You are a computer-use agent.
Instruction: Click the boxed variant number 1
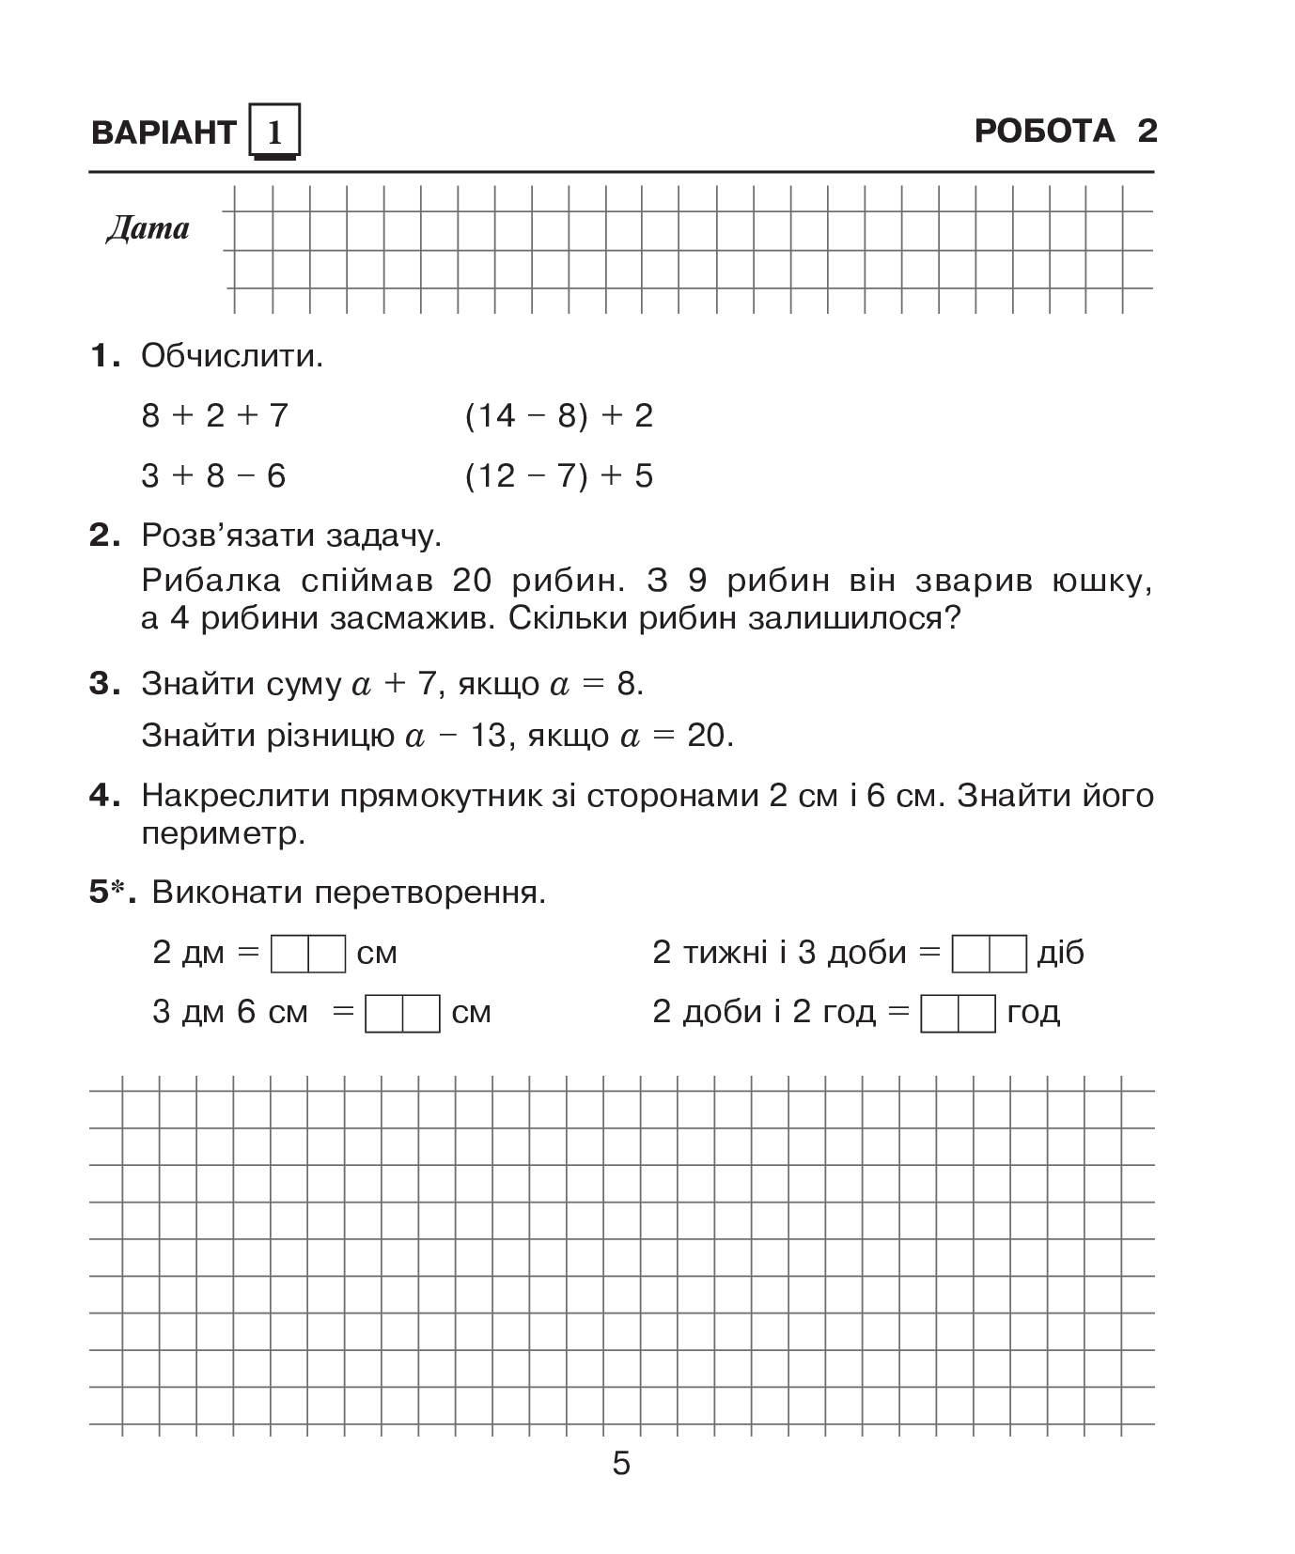(x=274, y=132)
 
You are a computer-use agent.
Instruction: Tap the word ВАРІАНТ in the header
(x=163, y=132)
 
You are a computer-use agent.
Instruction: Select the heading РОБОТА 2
(x=1066, y=131)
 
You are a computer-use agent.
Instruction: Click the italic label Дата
(x=148, y=228)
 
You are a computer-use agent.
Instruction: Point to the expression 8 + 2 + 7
(x=214, y=415)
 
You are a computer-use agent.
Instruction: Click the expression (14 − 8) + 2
(x=558, y=415)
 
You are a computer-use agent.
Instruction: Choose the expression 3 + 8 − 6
(x=213, y=476)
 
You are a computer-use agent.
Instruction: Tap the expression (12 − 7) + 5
(x=558, y=476)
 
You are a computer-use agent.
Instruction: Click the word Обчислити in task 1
(x=230, y=356)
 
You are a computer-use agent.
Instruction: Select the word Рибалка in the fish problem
(x=211, y=581)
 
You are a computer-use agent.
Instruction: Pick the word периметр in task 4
(x=224, y=834)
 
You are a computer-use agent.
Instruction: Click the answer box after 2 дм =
(x=308, y=954)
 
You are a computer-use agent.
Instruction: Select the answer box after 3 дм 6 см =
(x=402, y=1013)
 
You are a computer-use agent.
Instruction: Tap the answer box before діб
(x=989, y=954)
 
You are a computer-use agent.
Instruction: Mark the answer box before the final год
(x=958, y=1013)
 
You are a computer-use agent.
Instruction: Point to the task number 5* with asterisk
(x=112, y=893)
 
